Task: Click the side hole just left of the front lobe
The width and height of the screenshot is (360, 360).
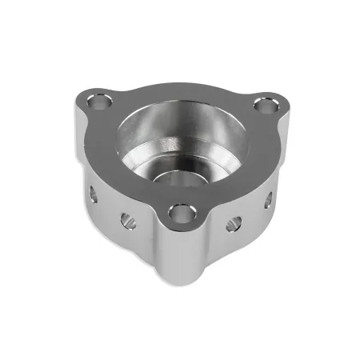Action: pos(128,219)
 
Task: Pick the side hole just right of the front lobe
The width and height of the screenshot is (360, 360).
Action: pos(233,223)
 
